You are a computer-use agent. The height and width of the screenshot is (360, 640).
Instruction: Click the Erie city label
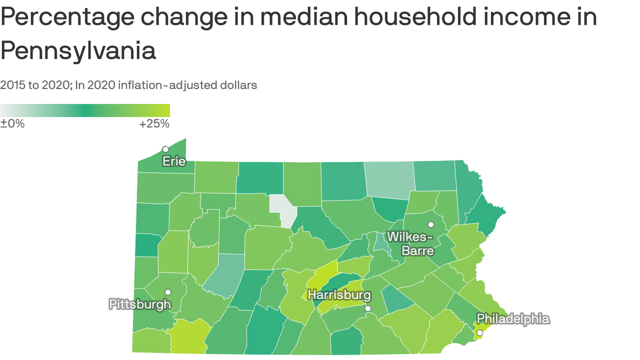pyautogui.click(x=174, y=162)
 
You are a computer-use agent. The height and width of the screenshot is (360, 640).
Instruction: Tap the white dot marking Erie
pyautogui.click(x=165, y=149)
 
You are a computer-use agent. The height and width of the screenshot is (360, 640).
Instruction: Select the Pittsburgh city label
pyautogui.click(x=140, y=304)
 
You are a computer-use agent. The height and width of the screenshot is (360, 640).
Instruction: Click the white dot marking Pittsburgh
pyautogui.click(x=168, y=292)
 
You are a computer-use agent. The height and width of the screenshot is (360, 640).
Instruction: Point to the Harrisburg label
pyautogui.click(x=339, y=295)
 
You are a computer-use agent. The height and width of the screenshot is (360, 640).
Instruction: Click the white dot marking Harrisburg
pyautogui.click(x=368, y=308)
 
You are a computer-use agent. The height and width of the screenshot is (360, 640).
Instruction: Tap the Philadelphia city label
pyautogui.click(x=513, y=319)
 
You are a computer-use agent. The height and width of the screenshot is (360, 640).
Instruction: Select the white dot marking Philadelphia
pyautogui.click(x=479, y=332)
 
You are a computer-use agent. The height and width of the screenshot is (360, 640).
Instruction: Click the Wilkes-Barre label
pyautogui.click(x=411, y=243)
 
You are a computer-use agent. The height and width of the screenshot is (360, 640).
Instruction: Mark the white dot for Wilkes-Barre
pyautogui.click(x=431, y=225)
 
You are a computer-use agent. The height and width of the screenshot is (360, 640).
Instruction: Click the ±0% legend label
pyautogui.click(x=12, y=124)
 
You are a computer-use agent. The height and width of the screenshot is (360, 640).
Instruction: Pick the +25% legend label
pyautogui.click(x=154, y=124)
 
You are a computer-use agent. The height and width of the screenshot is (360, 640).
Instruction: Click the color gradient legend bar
pyautogui.click(x=85, y=110)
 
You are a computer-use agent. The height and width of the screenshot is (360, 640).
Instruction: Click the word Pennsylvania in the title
pyautogui.click(x=78, y=51)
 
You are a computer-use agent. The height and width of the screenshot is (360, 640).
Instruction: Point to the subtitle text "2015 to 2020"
pyautogui.click(x=34, y=85)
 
